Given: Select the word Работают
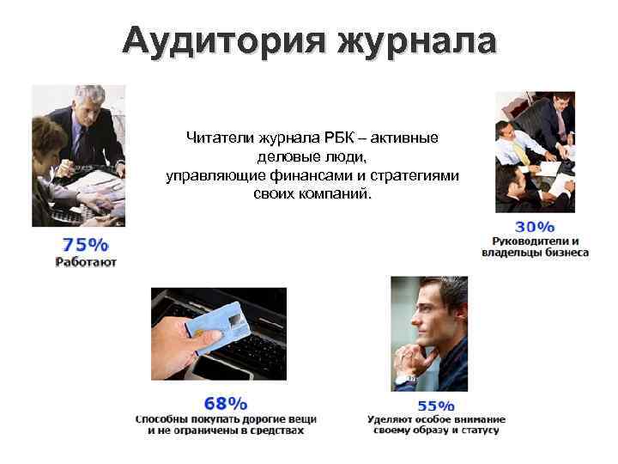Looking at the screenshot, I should [x=86, y=261].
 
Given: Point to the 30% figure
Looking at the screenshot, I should [x=534, y=227].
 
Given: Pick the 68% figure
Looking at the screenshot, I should [x=226, y=402].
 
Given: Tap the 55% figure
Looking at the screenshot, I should [x=435, y=406].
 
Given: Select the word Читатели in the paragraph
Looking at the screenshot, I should [x=218, y=137].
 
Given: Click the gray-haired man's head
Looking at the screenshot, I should [x=88, y=101].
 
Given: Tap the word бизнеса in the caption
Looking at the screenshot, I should [x=568, y=253].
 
